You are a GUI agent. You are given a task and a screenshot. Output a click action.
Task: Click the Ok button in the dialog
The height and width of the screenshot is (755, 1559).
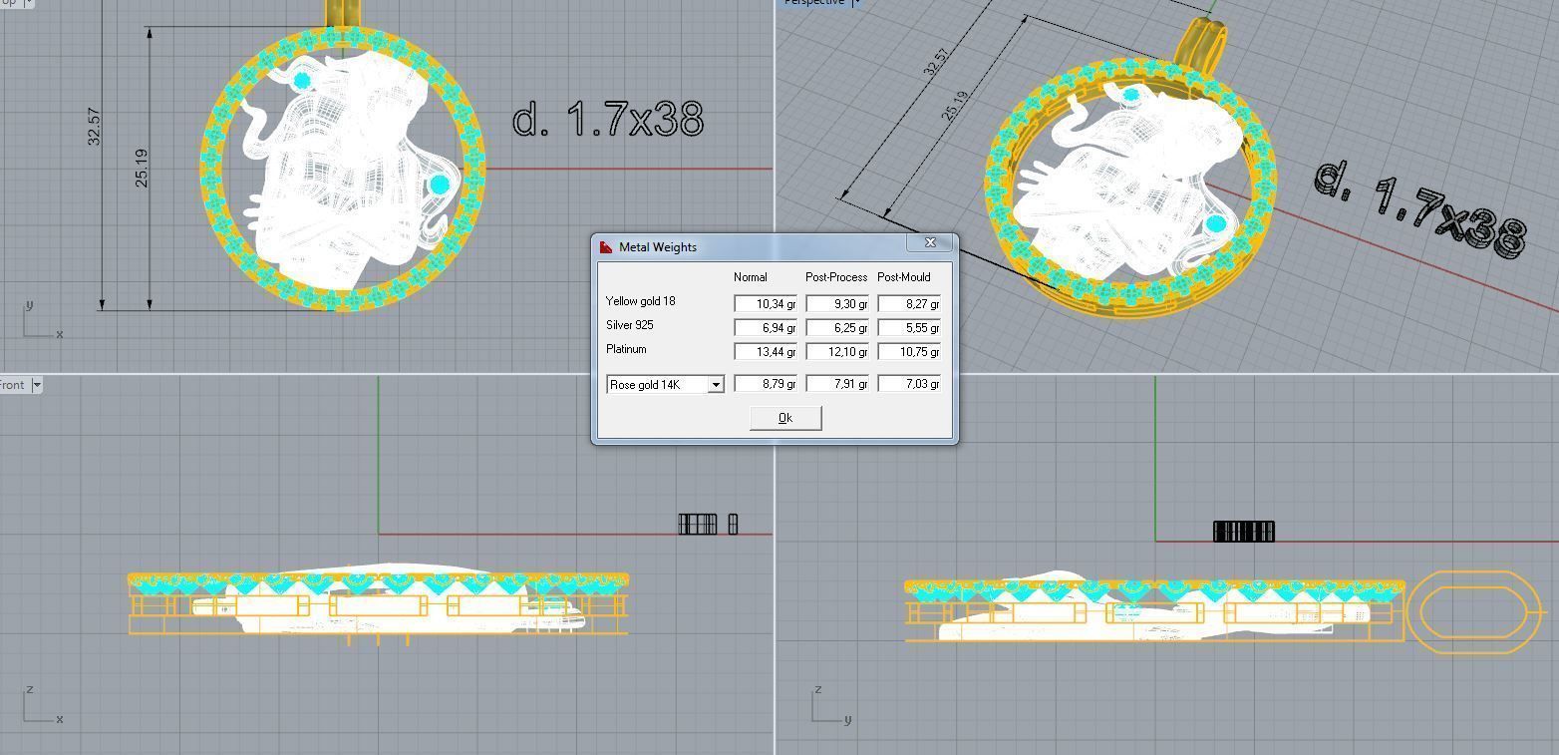785,418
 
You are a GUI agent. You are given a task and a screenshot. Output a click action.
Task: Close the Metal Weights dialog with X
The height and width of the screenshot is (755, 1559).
930,243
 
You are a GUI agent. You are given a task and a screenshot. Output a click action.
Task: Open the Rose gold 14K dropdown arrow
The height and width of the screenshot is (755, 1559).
715,385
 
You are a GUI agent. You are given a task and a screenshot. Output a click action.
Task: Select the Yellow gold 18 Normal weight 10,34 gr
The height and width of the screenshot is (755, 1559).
766,303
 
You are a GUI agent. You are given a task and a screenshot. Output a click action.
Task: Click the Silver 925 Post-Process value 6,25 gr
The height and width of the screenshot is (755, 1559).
837,327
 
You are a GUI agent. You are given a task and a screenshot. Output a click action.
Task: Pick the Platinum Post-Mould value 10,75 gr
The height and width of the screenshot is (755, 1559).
909,351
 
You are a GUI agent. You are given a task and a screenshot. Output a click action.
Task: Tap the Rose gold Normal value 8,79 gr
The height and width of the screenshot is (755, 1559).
766,384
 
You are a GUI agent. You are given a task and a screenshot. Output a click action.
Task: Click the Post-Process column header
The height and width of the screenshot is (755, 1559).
836,277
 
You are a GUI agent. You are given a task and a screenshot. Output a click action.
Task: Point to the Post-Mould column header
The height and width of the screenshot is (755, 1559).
903,277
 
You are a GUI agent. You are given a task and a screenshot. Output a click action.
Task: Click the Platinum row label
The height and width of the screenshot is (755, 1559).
626,349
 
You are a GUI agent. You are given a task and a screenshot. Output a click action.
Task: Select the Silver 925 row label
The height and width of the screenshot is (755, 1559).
629,325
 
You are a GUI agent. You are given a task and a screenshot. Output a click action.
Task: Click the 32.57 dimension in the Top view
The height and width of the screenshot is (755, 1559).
95,127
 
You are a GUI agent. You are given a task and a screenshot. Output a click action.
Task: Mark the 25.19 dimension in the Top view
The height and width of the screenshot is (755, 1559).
142,168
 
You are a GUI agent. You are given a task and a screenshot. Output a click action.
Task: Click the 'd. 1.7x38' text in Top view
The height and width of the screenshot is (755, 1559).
607,121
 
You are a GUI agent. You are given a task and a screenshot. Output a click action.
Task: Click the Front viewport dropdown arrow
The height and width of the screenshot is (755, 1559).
37,385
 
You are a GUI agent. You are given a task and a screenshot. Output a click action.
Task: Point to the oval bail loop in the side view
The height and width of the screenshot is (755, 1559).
1472,611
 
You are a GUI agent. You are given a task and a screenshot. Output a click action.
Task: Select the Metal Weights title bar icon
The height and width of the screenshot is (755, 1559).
606,247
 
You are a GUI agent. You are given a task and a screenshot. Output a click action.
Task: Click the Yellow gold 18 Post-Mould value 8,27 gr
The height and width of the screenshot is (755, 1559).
909,303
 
